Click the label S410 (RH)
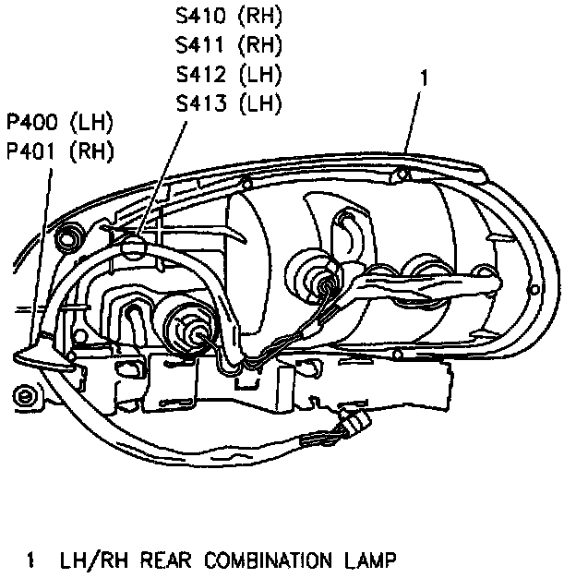(x=228, y=17)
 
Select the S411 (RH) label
(x=228, y=45)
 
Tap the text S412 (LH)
(x=228, y=74)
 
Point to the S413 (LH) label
(x=228, y=102)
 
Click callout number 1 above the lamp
(x=423, y=81)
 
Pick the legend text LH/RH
(x=89, y=560)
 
